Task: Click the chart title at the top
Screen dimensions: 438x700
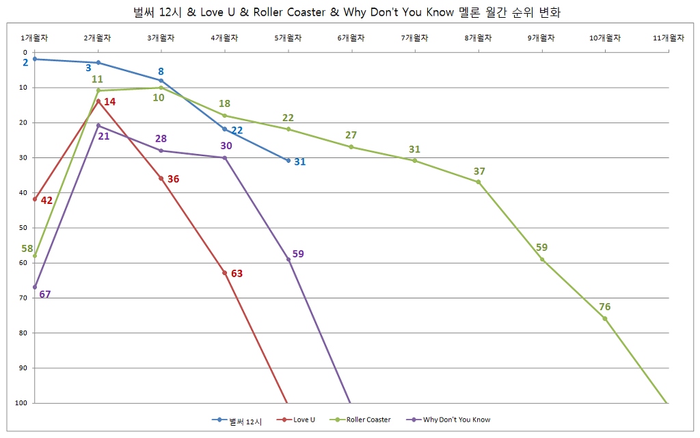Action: click(x=349, y=12)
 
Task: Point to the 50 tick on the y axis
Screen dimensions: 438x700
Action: click(x=23, y=228)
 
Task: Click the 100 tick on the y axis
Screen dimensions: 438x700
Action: click(x=21, y=403)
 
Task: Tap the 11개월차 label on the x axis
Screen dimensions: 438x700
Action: click(x=668, y=38)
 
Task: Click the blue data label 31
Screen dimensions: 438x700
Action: click(x=300, y=162)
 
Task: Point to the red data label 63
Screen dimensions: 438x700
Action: click(x=237, y=274)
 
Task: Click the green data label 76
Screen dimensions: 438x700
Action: click(x=604, y=307)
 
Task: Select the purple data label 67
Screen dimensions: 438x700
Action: click(x=45, y=295)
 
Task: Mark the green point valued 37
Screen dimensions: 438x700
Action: click(x=479, y=182)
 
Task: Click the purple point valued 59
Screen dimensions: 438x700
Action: click(x=288, y=259)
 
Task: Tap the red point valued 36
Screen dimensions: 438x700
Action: click(x=161, y=179)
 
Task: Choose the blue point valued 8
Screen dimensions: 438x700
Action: click(x=161, y=81)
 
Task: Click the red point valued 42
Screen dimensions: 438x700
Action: click(x=35, y=199)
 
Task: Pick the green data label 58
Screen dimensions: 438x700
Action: click(x=27, y=248)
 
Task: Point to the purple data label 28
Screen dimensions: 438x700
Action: click(x=161, y=139)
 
